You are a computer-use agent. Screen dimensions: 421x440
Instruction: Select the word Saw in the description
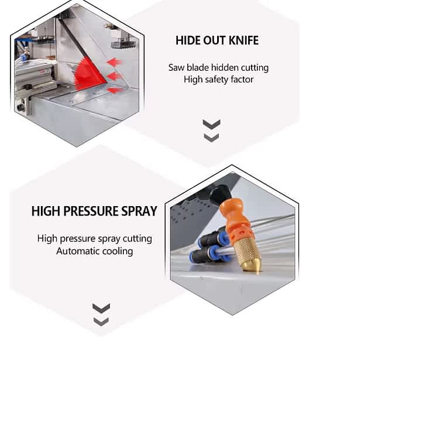pos(176,67)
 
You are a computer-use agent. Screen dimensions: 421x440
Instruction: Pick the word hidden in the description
pos(218,67)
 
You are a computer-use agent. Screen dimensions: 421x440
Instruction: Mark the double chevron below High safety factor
pos(211,131)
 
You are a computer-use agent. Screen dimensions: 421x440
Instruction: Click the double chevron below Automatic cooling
pos(101,314)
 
